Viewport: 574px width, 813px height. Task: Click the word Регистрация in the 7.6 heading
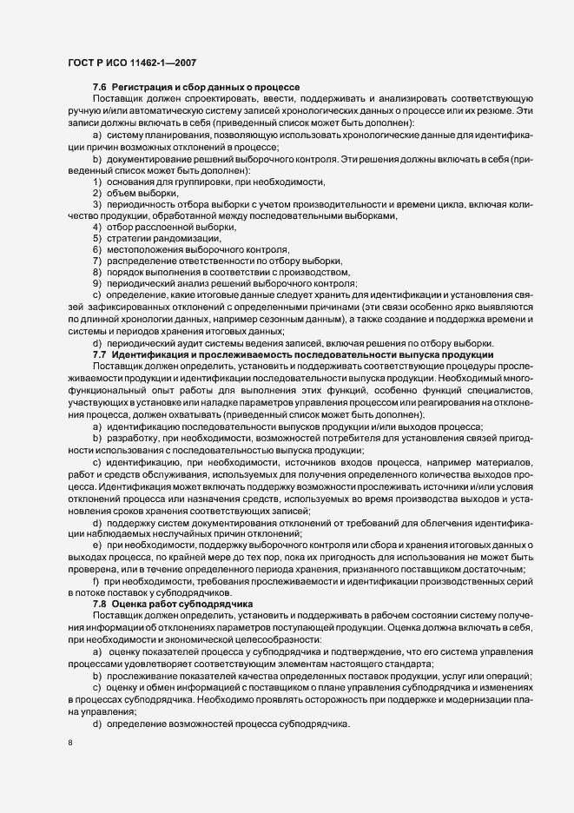pyautogui.click(x=142, y=89)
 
